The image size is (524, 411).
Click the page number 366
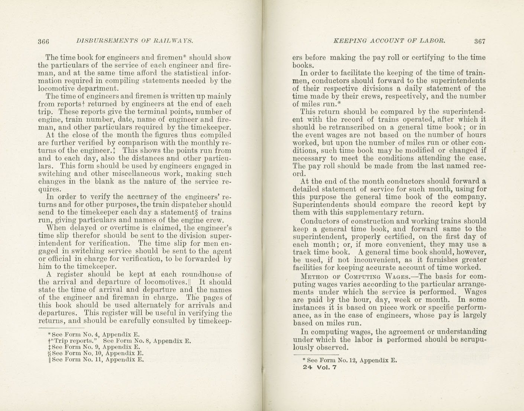coord(43,41)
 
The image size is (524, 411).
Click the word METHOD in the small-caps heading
coord(315,277)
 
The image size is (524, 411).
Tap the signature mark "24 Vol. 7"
coord(320,367)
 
